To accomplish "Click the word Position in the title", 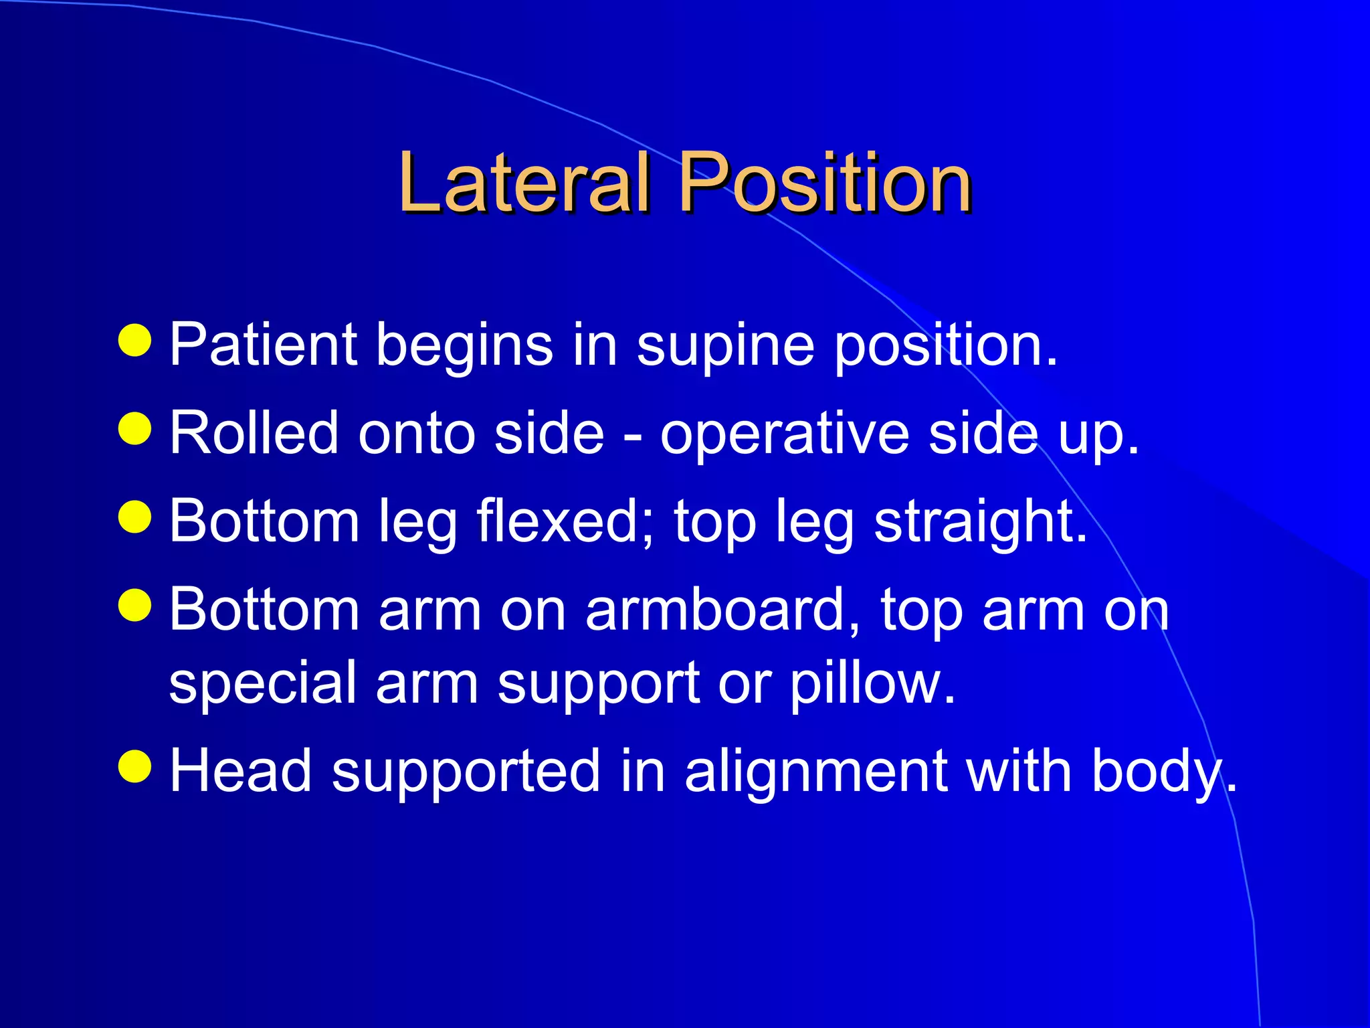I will pos(824,182).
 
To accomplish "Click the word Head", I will pos(241,771).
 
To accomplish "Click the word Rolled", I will pos(254,433).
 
